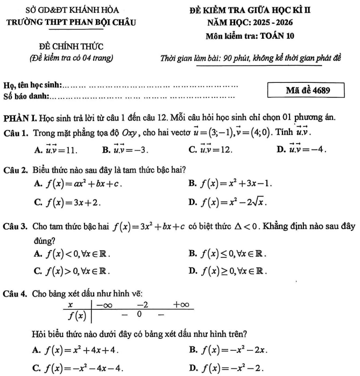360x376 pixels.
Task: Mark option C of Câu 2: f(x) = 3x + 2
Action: tap(67, 203)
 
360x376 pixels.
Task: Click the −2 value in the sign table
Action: tap(143, 305)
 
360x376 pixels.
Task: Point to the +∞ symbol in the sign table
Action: tap(181, 305)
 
